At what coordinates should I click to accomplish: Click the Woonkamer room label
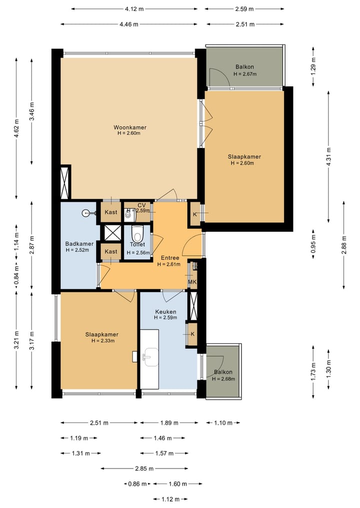pos(129,127)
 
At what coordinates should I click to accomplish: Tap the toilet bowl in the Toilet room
pos(137,233)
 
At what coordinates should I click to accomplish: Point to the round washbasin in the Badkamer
pos(86,213)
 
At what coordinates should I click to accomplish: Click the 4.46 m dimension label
pos(129,24)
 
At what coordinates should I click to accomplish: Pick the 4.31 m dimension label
pos(328,157)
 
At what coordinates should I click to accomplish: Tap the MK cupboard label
pos(192,282)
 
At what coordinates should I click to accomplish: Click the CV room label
pos(141,205)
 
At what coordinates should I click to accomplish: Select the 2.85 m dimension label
pos(144,468)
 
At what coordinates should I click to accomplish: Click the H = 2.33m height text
pos(103,341)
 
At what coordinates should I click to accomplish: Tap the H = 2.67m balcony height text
pos(245,74)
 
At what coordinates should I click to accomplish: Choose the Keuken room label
pos(165,312)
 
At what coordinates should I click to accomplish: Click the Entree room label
pos(170,258)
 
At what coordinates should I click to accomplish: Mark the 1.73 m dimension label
pos(313,372)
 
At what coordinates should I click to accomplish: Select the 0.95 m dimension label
pos(313,244)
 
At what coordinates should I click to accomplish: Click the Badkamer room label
pos(79,244)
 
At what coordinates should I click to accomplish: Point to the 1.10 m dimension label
pos(223,423)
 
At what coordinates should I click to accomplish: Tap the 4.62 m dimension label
pos(16,128)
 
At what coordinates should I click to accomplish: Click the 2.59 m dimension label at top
pos(244,9)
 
